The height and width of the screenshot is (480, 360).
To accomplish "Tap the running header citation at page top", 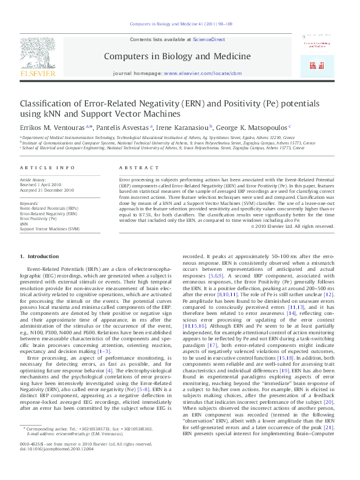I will point(180,24).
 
